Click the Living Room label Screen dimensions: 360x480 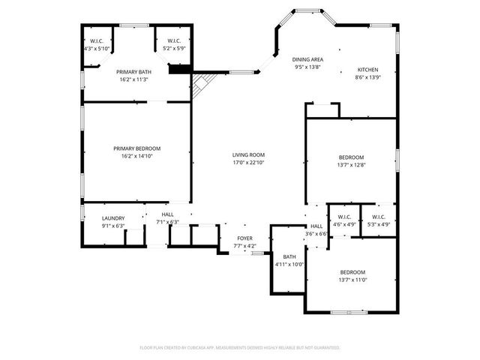click(x=247, y=154)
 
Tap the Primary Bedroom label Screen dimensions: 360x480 click(x=137, y=148)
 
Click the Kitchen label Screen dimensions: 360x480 click(x=367, y=69)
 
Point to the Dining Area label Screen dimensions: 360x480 click(x=307, y=58)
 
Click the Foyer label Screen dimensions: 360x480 click(x=245, y=238)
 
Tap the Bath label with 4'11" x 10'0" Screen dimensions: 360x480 click(x=289, y=256)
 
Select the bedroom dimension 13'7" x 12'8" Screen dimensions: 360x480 click(x=351, y=165)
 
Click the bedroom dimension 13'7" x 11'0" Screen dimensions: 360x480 click(x=352, y=280)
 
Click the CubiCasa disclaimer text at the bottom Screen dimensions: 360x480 click(x=240, y=348)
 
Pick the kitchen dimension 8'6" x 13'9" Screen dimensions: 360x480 click(x=367, y=76)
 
